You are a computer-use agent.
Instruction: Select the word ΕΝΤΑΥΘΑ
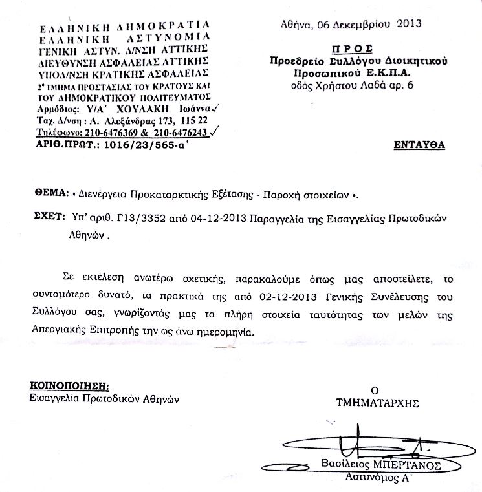(x=419, y=145)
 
